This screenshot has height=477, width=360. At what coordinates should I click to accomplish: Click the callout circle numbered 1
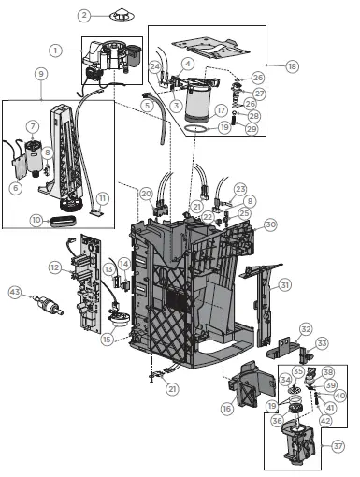click(56, 49)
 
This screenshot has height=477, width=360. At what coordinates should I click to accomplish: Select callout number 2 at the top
click(84, 16)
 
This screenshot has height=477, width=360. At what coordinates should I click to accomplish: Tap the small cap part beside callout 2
click(120, 16)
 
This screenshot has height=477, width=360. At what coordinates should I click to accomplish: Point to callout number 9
click(40, 72)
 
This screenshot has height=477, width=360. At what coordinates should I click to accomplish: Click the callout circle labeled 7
click(32, 126)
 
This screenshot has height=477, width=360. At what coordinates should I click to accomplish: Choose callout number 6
click(14, 187)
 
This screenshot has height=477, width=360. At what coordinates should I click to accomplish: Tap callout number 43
click(14, 293)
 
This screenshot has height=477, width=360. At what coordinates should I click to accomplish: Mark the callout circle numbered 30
click(270, 224)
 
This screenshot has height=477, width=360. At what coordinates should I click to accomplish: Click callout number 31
click(284, 283)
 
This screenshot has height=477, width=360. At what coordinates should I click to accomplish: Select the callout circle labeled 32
click(305, 329)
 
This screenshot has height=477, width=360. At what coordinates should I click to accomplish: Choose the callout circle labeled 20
click(145, 193)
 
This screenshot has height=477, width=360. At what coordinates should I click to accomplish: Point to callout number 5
click(146, 106)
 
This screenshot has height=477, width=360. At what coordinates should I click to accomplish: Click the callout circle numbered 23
click(240, 189)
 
